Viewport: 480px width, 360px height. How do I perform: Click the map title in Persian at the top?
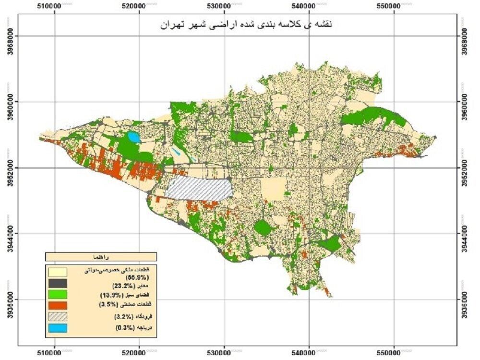coord(245,24)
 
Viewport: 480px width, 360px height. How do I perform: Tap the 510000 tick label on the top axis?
coord(54,6)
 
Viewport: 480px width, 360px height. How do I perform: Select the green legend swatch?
coord(57,294)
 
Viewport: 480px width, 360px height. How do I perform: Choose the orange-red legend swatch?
coord(57,305)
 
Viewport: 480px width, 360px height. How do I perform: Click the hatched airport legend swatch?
coord(57,316)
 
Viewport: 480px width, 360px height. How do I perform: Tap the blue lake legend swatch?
coord(57,328)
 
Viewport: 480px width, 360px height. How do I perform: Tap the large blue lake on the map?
coord(133,138)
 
